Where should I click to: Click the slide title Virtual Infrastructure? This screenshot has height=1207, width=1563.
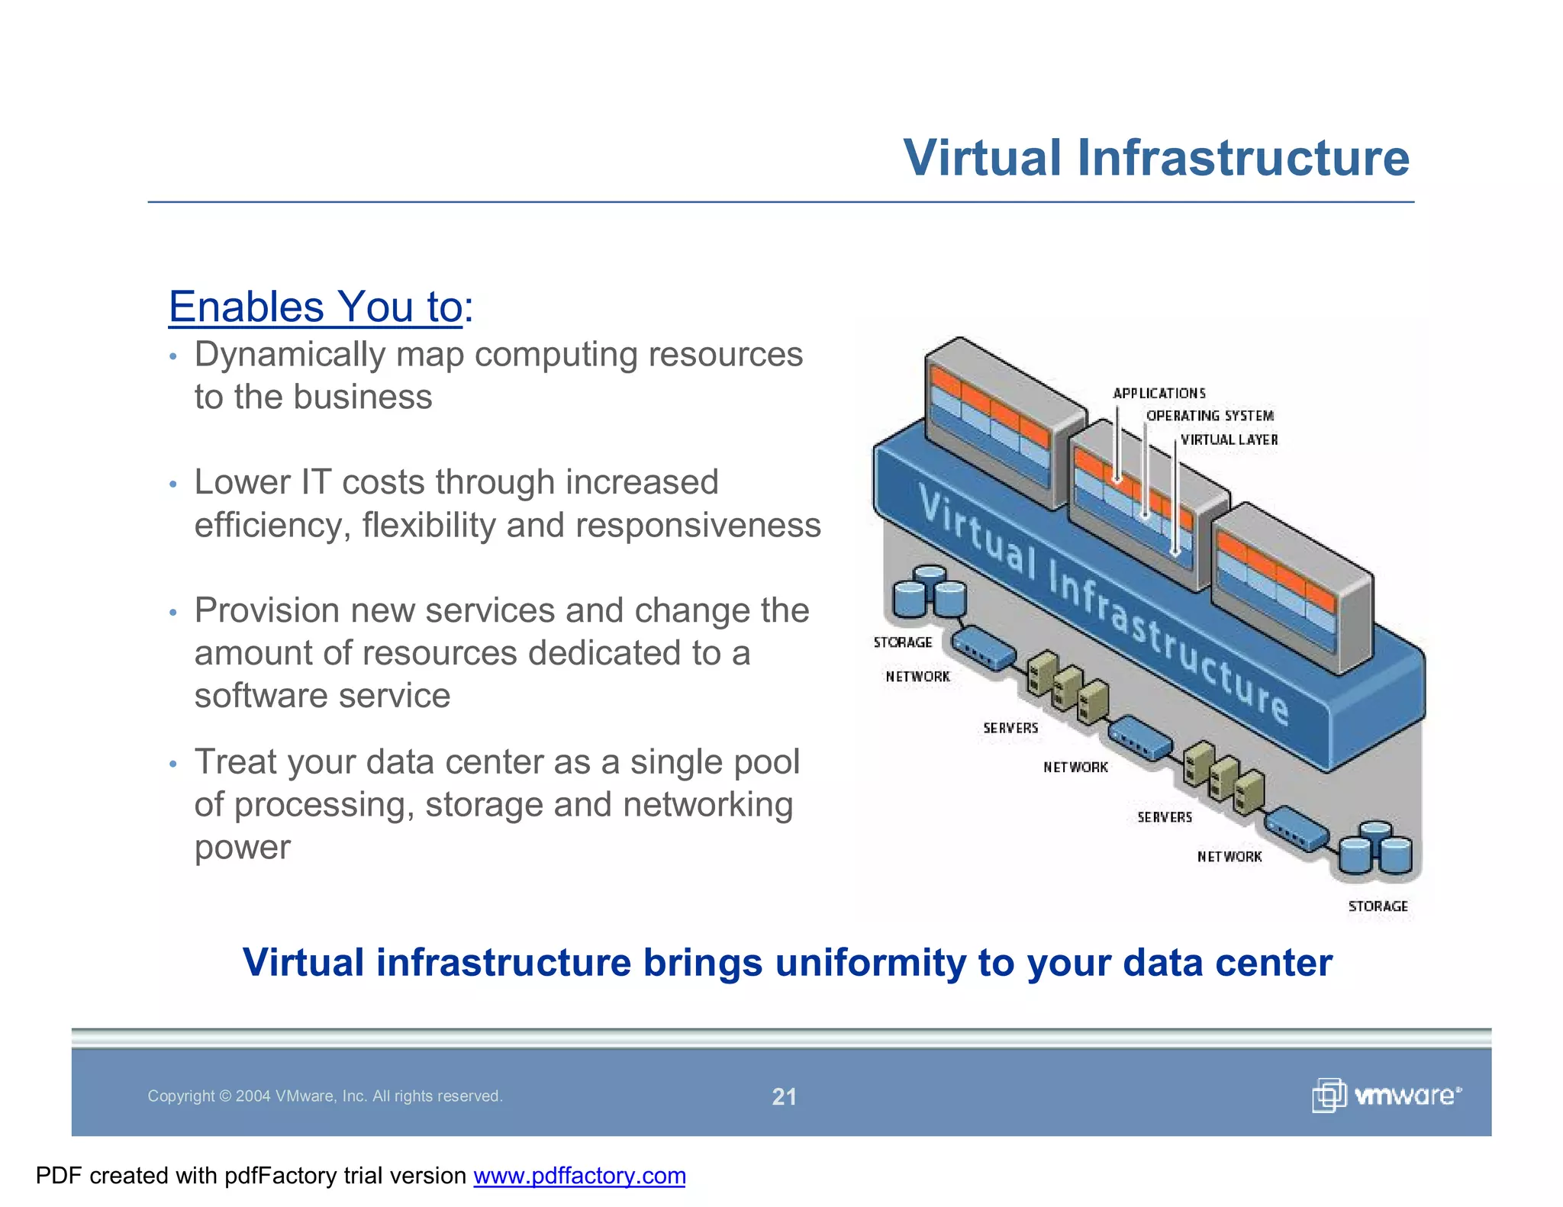[x=1155, y=158]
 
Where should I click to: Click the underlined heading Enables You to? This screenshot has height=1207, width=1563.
[x=315, y=307]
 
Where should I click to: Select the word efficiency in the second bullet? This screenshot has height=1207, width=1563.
[x=272, y=526]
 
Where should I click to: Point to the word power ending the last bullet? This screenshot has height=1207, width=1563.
[x=242, y=848]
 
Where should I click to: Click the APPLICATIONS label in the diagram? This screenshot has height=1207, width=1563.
[x=1159, y=394]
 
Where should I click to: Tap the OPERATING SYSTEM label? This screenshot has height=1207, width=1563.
[x=1210, y=416]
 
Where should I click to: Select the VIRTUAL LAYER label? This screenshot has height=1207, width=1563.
[x=1229, y=440]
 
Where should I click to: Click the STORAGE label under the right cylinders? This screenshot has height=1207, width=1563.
[x=1378, y=906]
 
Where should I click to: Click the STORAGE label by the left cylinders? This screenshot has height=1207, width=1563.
[x=903, y=642]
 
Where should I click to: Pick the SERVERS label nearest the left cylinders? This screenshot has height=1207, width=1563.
[x=1010, y=729]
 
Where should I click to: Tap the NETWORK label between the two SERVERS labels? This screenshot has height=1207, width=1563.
[x=1075, y=768]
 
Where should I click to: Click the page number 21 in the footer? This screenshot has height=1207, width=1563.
[x=784, y=1096]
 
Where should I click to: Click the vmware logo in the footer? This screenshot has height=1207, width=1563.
[x=1387, y=1096]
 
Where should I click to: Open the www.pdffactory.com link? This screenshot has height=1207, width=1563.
[x=579, y=1176]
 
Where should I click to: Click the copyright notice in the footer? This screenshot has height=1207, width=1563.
[x=324, y=1096]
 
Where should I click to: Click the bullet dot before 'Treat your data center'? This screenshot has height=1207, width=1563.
[x=174, y=764]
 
